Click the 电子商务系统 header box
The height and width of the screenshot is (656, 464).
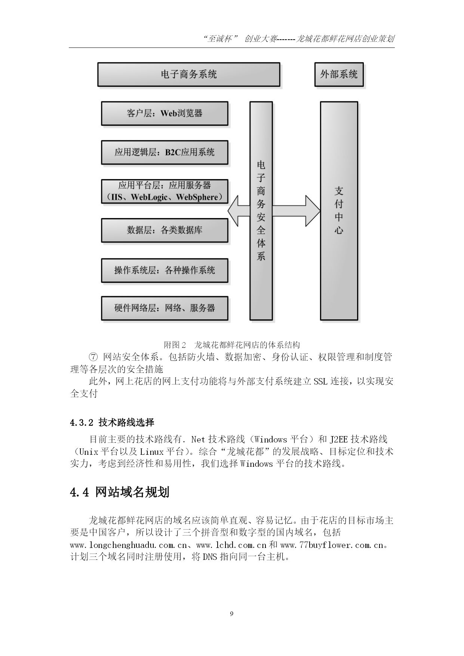pos(189,74)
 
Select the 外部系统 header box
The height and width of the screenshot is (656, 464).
pos(339,74)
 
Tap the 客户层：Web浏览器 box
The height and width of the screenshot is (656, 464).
pos(165,113)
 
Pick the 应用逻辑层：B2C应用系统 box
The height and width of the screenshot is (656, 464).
pos(165,152)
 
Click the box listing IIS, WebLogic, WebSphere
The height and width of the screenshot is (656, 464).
pos(165,191)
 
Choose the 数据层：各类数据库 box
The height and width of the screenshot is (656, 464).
pos(165,230)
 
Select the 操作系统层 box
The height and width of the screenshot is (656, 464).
pos(165,270)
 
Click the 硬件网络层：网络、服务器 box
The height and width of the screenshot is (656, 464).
pos(165,308)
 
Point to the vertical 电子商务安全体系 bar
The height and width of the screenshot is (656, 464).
pos(261,211)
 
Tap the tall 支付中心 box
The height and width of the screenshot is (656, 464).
pos(339,211)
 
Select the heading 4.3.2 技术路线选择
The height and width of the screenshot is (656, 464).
pos(112,423)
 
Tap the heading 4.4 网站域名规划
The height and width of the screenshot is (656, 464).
pos(120,492)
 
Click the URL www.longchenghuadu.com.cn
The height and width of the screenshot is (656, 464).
pos(128,545)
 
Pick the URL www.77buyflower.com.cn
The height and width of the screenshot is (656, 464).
pos(332,545)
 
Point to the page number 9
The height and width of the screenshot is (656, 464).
pos(232,614)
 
